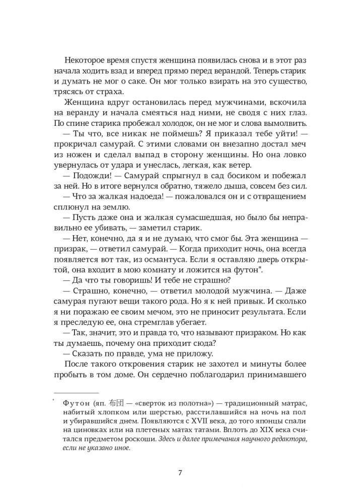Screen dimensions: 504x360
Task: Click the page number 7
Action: pos(180,473)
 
